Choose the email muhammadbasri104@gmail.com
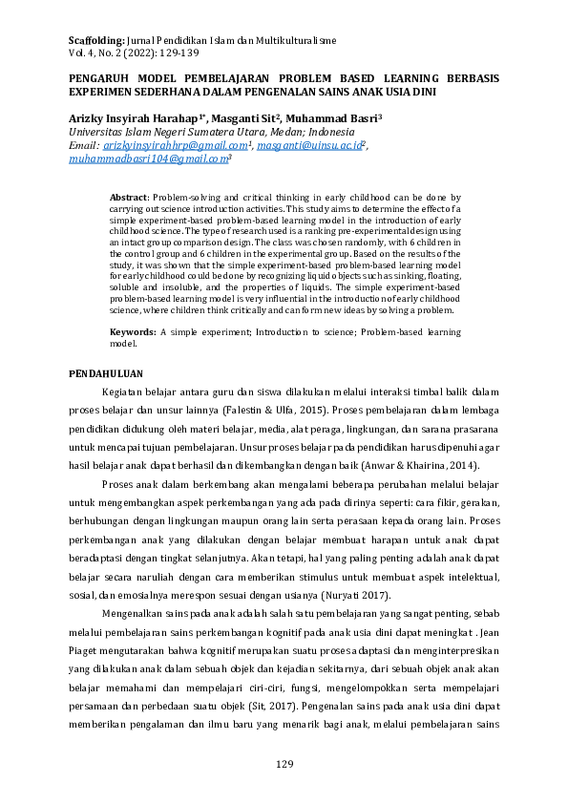(x=147, y=159)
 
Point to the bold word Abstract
(x=130, y=194)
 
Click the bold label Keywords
(x=133, y=331)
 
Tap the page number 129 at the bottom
(x=284, y=764)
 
